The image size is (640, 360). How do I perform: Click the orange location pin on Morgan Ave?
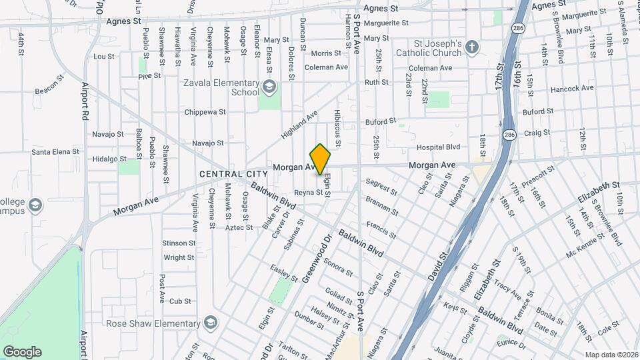tap(321, 158)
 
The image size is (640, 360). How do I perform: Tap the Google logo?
tap(22, 352)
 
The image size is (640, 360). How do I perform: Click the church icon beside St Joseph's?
tap(473, 47)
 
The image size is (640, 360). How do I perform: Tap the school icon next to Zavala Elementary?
tap(269, 86)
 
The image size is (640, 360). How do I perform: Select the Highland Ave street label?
tap(299, 125)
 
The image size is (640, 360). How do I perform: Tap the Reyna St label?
tap(309, 193)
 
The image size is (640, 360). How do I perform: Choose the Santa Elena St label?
tap(55, 152)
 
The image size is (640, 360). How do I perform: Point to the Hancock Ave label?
tap(571, 88)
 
